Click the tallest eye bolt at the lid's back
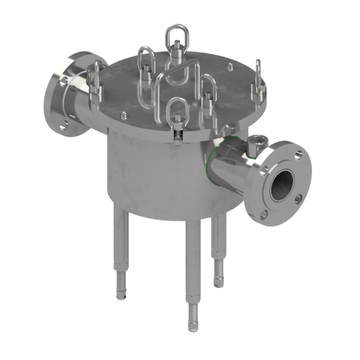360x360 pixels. click(x=174, y=37)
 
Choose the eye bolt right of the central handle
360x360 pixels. click(x=208, y=93)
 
